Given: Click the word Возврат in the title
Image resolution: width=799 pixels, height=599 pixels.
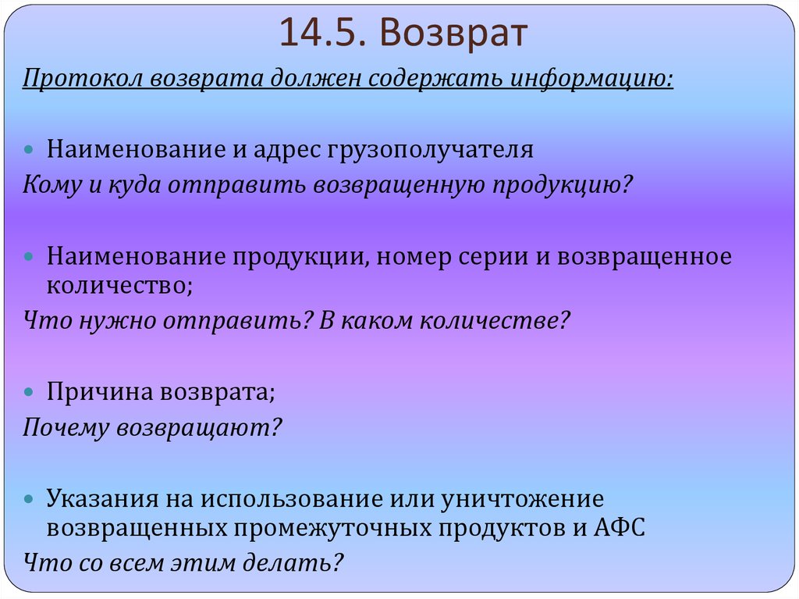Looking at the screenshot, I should tap(455, 35).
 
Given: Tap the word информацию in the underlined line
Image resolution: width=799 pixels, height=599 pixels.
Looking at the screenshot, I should tap(591, 80).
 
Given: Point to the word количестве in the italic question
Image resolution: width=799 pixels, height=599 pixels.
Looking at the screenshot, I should tap(491, 320).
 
